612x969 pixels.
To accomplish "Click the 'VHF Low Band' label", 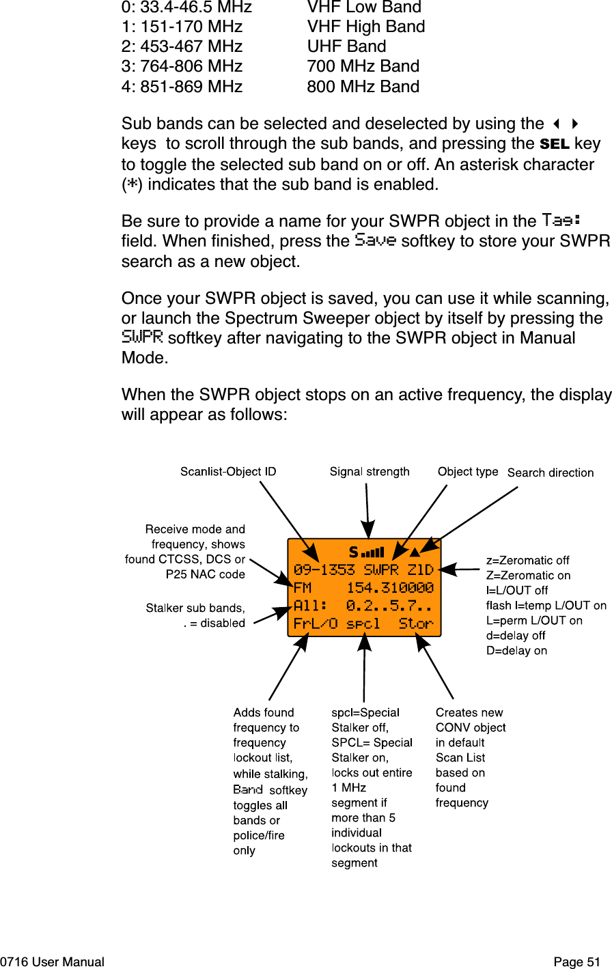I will tap(364, 8).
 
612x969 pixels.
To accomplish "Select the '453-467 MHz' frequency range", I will tap(191, 46).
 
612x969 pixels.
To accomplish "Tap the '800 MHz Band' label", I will tap(363, 87).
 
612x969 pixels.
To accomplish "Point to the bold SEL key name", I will tap(554, 144).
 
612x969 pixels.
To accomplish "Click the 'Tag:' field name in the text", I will tap(561, 221).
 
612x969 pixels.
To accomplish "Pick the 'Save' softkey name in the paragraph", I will tap(376, 240).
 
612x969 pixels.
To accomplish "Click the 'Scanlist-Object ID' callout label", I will tap(228, 472).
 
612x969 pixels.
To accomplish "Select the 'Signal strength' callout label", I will tap(370, 472).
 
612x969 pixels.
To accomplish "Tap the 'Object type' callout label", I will tap(468, 472).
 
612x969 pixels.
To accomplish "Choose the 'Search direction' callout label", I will tap(551, 473).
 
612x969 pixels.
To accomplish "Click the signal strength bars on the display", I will tap(372, 552).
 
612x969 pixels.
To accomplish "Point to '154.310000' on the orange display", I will tap(390, 588).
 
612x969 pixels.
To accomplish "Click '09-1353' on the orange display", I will tap(324, 570).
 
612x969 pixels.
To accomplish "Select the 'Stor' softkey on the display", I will tap(416, 623).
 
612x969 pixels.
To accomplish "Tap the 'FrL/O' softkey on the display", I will tap(316, 623).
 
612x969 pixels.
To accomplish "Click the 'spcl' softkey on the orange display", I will tap(363, 624).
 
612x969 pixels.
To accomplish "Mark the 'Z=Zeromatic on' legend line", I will tap(528, 576).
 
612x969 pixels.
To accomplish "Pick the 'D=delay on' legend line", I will tap(516, 651).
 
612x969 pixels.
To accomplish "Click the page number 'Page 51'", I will tap(576, 962).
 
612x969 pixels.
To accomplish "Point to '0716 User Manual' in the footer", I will tap(53, 962).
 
